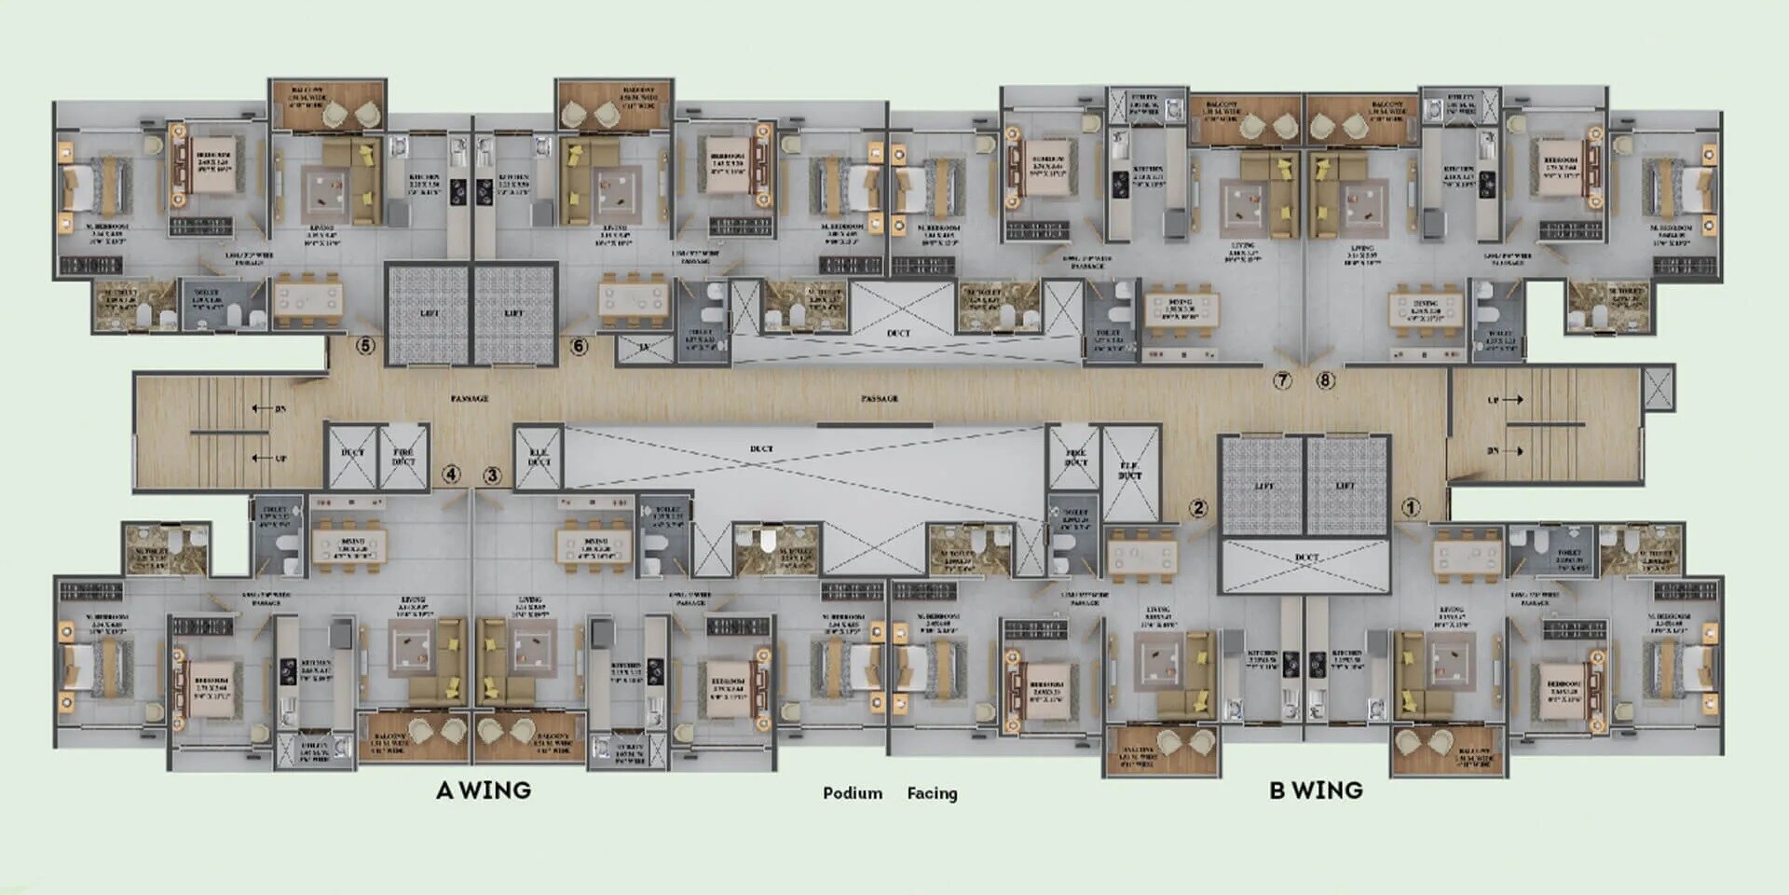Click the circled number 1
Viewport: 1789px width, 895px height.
pos(1412,508)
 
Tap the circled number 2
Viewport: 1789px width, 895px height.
pos(1198,508)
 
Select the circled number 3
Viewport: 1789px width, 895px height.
pos(492,475)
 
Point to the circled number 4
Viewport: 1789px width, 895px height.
pos(451,475)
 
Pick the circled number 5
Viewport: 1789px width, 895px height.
pos(365,346)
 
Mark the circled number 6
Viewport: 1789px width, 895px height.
pos(579,347)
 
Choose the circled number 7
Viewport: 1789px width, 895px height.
pos(1283,380)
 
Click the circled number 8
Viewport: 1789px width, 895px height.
pos(1326,380)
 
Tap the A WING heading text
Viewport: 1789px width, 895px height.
pos(484,791)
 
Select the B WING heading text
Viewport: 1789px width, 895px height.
pos(1316,791)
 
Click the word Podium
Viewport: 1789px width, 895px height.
pos(853,793)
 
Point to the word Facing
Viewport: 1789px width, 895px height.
pos(932,793)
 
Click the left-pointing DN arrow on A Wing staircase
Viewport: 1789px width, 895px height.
pos(260,408)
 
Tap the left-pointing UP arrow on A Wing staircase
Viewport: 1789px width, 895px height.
pos(260,459)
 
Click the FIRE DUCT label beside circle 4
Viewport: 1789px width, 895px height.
pos(403,457)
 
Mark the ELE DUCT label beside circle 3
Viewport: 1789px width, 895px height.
pos(539,457)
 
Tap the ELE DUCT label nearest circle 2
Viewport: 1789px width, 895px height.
pos(1130,470)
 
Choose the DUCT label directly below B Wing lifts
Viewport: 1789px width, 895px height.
pos(1306,558)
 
